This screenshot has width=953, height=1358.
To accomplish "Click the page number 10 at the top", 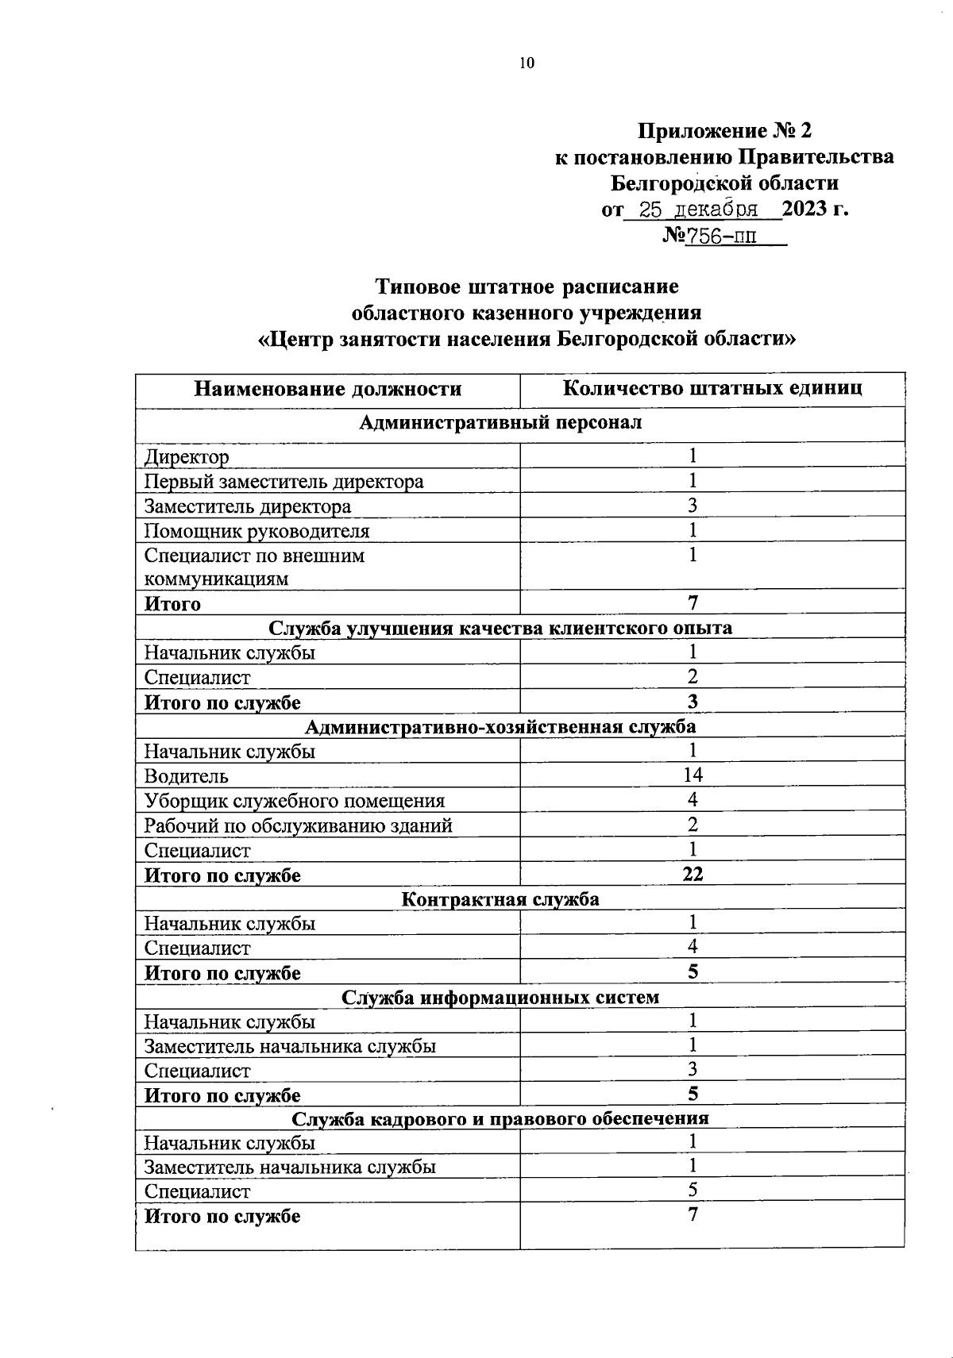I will [x=527, y=63].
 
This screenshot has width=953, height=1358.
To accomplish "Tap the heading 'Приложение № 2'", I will [x=724, y=130].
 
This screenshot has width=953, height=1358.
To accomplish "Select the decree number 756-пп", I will [x=724, y=237].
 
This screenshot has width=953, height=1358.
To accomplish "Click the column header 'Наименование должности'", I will [x=327, y=389].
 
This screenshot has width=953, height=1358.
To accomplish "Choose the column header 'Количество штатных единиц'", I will [x=712, y=388].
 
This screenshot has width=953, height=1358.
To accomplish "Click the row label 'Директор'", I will [x=187, y=457].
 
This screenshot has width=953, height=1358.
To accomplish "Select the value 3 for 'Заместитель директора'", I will [x=693, y=505].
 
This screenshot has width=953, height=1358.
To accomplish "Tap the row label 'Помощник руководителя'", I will [x=257, y=530].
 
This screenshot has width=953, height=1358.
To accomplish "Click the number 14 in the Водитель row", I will [x=693, y=775].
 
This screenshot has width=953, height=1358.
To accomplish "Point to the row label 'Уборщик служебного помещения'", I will [x=294, y=801].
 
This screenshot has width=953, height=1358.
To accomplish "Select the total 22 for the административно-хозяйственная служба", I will [x=693, y=875].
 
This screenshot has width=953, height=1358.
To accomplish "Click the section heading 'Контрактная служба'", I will [x=500, y=899].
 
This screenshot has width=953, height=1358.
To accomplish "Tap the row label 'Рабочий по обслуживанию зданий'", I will [x=298, y=825].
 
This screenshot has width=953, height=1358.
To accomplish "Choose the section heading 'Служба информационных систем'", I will [x=500, y=997].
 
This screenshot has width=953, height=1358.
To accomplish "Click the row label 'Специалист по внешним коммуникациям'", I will [x=254, y=567].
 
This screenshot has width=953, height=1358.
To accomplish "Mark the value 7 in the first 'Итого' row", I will [x=693, y=603].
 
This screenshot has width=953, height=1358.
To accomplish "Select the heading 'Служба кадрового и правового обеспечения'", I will [x=500, y=1118].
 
